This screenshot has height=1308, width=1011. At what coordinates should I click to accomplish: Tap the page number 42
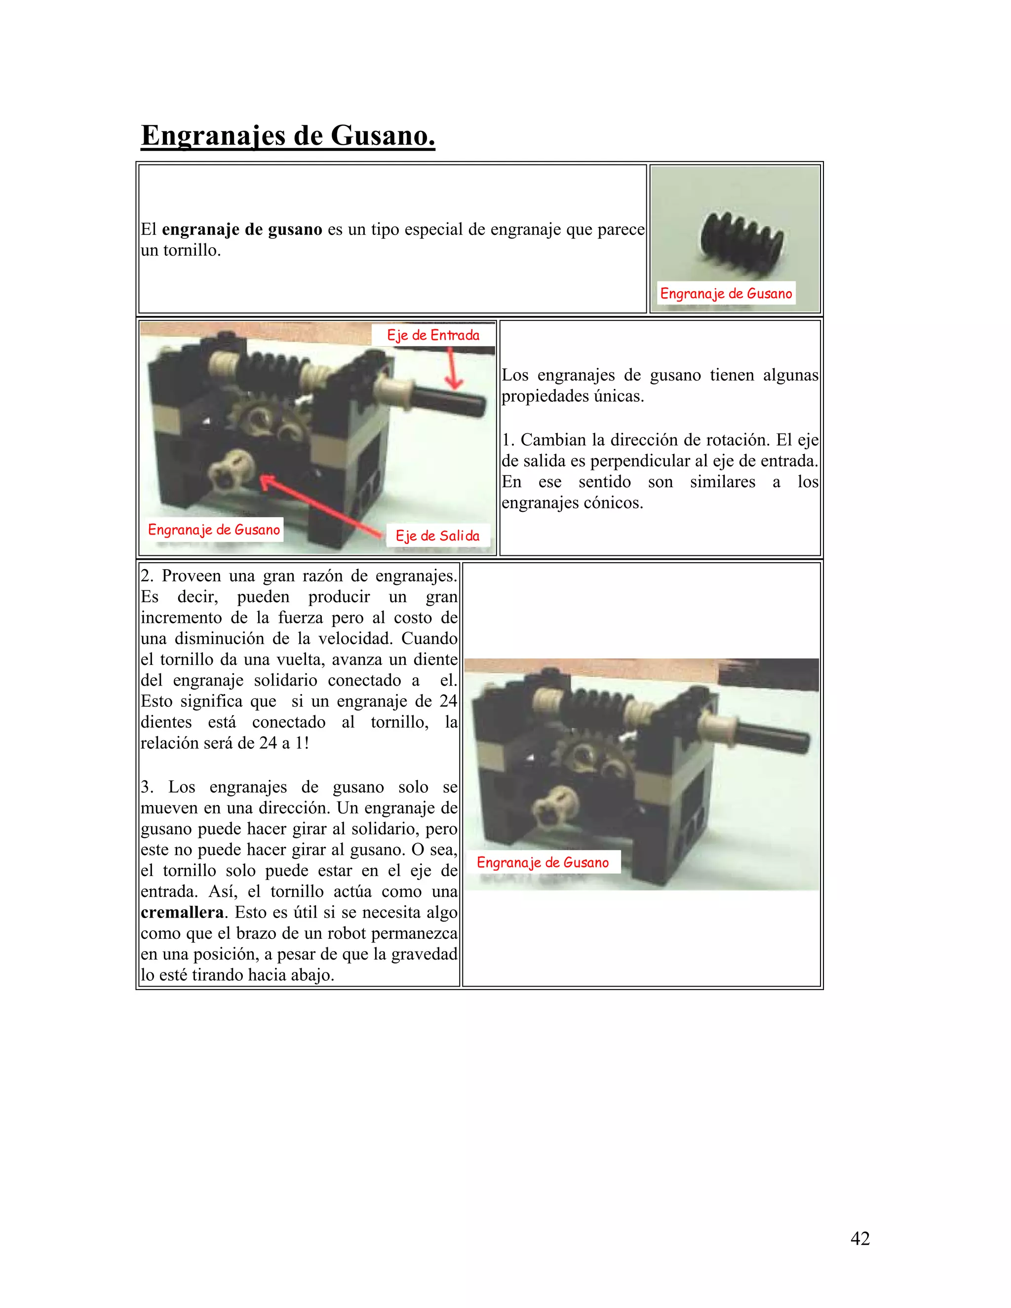pyautogui.click(x=860, y=1238)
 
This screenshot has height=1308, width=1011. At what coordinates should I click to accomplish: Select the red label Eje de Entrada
pyautogui.click(x=433, y=335)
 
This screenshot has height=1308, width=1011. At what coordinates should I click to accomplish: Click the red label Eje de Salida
pyautogui.click(x=437, y=536)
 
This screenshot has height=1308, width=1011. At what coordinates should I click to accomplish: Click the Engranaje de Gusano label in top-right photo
pyautogui.click(x=726, y=294)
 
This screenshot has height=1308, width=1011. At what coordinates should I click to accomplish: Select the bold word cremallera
pyautogui.click(x=182, y=912)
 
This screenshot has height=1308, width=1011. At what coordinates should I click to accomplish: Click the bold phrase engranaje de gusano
pyautogui.click(x=242, y=230)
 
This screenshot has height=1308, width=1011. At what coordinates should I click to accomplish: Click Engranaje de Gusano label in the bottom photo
pyautogui.click(x=543, y=862)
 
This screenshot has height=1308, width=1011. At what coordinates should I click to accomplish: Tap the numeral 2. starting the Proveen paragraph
pyautogui.click(x=147, y=576)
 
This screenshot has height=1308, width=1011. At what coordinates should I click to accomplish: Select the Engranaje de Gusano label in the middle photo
pyautogui.click(x=214, y=530)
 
